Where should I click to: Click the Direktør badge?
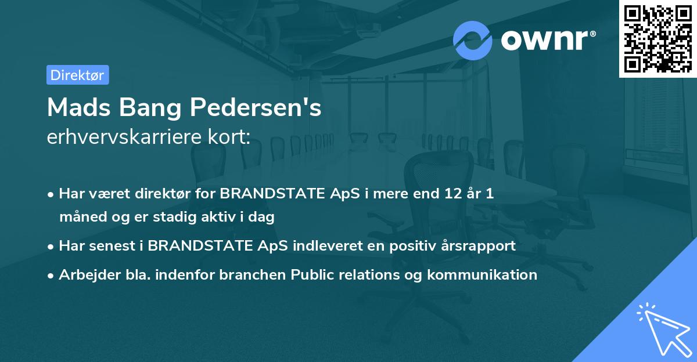(77, 75)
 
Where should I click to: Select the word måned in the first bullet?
(79, 217)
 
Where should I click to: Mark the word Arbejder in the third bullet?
(85, 274)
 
